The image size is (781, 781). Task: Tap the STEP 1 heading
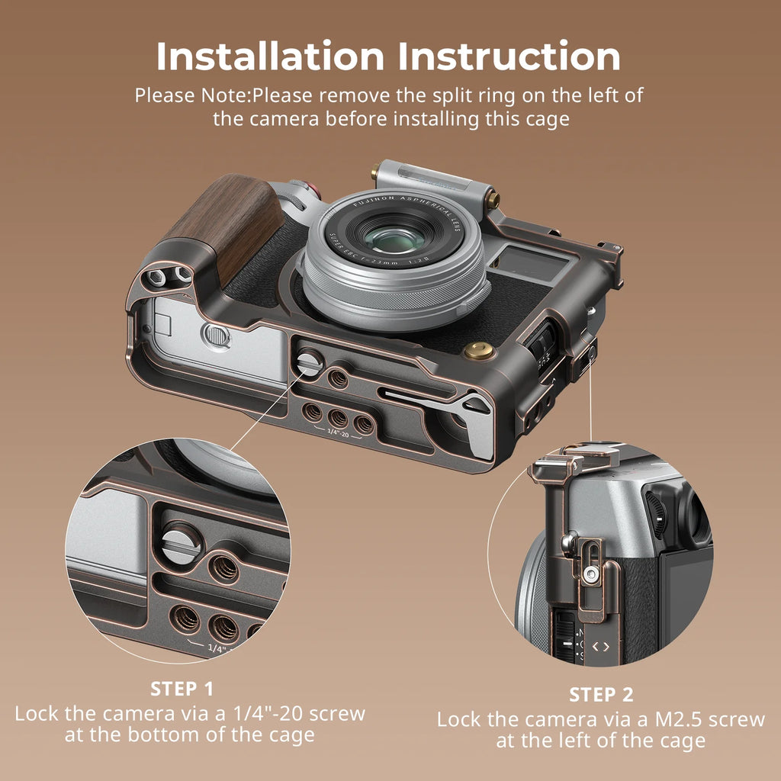tap(182, 689)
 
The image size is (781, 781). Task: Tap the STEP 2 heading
tap(601, 694)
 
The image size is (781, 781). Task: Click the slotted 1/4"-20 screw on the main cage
tap(309, 361)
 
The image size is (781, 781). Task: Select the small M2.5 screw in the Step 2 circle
tap(590, 571)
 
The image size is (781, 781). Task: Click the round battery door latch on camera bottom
tap(216, 335)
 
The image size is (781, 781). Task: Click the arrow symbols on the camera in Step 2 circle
tap(601, 647)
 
